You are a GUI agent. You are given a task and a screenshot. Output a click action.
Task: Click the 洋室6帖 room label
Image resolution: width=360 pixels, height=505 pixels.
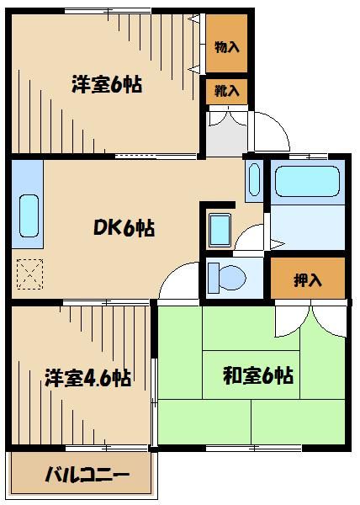[106, 84]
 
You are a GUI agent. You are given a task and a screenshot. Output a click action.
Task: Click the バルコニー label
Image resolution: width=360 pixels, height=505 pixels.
[87, 476]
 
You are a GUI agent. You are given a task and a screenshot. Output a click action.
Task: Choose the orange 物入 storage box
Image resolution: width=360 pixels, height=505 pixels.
[227, 46]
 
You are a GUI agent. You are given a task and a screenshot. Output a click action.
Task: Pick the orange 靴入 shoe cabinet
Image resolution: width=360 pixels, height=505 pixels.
[227, 90]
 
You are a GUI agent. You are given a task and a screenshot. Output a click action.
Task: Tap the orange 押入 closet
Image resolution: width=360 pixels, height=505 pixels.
[308, 279]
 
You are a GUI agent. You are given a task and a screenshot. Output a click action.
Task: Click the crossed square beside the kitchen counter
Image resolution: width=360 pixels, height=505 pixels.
[29, 273]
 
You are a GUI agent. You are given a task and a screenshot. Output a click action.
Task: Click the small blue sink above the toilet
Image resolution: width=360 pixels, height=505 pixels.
[220, 228]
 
